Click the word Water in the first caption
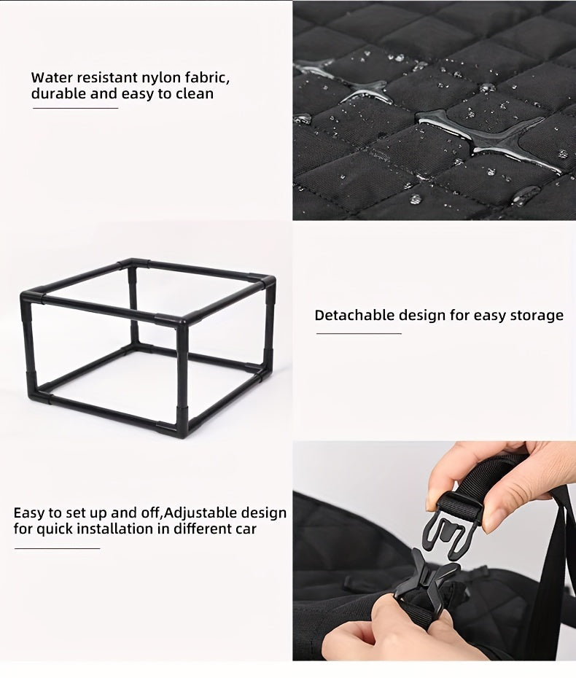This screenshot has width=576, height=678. tap(52, 77)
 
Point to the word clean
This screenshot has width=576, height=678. tap(195, 94)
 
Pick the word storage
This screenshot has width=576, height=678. tap(537, 316)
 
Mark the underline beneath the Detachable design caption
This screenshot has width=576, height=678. tap(358, 334)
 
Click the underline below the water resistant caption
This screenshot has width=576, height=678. tap(75, 109)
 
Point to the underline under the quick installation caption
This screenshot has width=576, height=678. tap(57, 548)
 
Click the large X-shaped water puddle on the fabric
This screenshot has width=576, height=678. tap(481, 135)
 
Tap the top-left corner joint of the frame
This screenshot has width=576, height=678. tap(29, 297)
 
